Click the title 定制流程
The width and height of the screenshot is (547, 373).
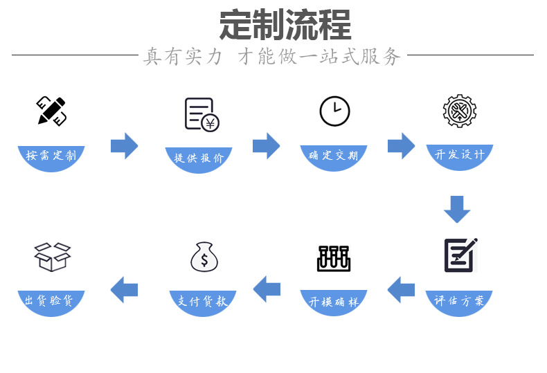point(285,26)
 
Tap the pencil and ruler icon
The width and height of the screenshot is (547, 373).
point(51,111)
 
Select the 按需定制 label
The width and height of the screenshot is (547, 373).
point(51,156)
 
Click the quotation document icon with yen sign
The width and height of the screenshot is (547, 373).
point(201,114)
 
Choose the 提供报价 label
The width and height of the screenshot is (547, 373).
point(199,158)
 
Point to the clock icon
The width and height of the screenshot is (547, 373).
point(334,111)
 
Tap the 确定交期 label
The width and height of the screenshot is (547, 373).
point(334,156)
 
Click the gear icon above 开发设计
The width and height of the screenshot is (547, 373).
point(459,111)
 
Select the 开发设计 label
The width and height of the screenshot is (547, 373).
point(459,155)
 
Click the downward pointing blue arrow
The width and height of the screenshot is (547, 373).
point(457,209)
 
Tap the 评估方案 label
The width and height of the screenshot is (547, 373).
point(459,301)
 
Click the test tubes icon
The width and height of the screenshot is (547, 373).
point(334,257)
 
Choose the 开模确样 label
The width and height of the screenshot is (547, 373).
point(334,302)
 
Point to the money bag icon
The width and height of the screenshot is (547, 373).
point(204,257)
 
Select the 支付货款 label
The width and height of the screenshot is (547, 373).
point(203,302)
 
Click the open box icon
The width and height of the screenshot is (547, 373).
point(53,257)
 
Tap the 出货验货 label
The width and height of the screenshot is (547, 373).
point(51,301)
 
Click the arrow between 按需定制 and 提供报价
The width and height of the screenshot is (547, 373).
point(125,146)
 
